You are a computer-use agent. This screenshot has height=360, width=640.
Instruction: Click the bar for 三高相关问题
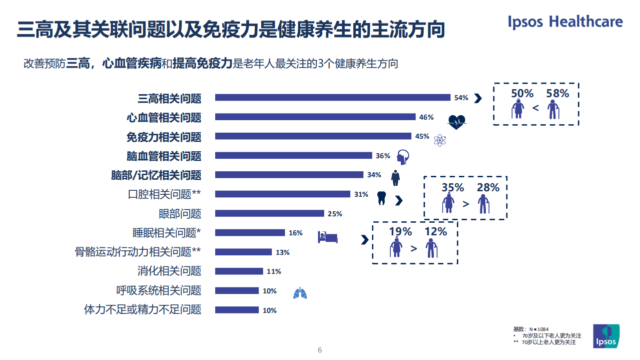[x=333, y=98]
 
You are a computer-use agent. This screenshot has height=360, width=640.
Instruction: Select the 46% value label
[x=426, y=117]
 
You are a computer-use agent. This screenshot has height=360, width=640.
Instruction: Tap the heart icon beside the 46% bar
[x=456, y=121]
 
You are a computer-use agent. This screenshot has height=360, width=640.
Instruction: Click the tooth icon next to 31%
[x=381, y=198]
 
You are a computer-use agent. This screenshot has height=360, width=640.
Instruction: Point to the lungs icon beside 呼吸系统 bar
[x=300, y=293]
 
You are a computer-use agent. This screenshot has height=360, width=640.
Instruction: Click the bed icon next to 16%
[x=328, y=236]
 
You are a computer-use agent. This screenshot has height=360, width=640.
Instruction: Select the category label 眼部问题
[x=180, y=214]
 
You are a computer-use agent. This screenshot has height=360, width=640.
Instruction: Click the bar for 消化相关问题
[x=239, y=271]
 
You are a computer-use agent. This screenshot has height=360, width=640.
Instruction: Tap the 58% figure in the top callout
[x=557, y=94]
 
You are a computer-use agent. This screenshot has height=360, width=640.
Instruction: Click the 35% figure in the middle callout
[x=453, y=188]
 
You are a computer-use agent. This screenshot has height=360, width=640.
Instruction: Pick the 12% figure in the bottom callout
[x=436, y=232]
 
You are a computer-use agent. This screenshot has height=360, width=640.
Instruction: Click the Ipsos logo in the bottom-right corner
[x=606, y=335]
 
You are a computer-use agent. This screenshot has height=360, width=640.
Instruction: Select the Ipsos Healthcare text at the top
[x=565, y=22]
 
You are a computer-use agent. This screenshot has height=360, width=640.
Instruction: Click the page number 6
[x=320, y=350]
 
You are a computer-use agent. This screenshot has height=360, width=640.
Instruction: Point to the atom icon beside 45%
[x=439, y=140]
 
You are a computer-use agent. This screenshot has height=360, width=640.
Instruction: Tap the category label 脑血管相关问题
[x=164, y=156]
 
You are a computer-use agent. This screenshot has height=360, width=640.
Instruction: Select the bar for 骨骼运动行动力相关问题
[x=243, y=252]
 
